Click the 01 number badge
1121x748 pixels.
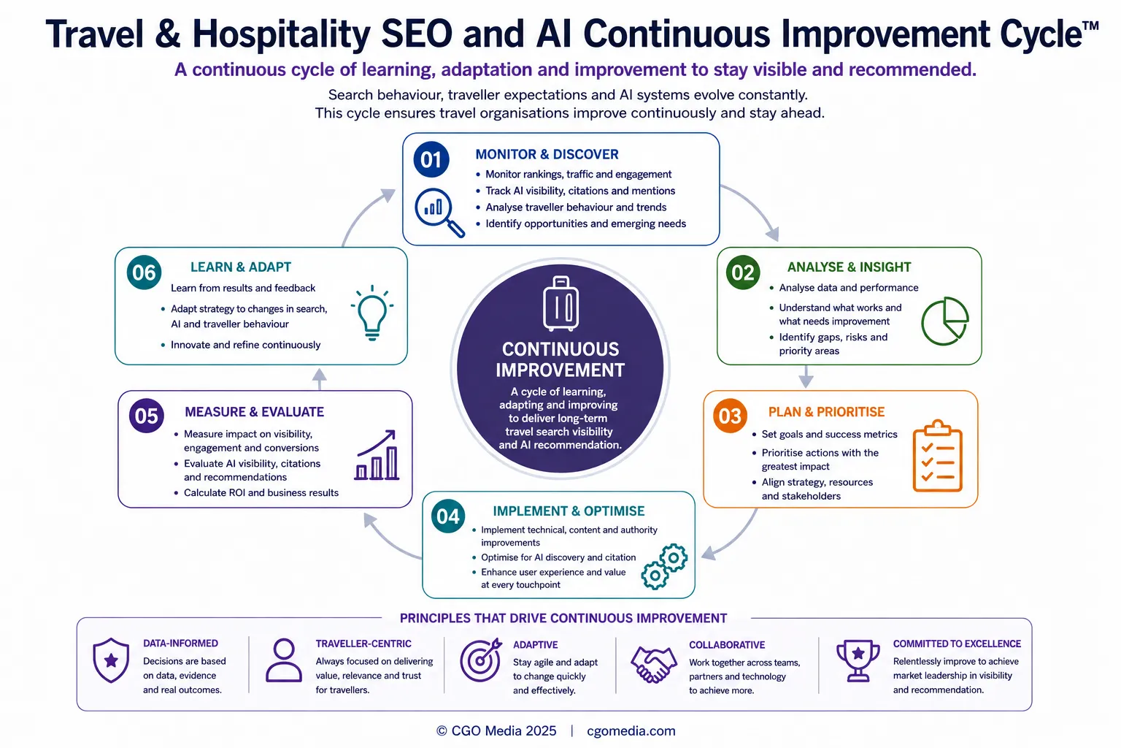click(x=431, y=160)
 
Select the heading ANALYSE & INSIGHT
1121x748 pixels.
click(x=849, y=267)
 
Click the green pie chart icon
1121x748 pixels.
click(x=945, y=321)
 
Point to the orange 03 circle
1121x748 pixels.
click(x=730, y=416)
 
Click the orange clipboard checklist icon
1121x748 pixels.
click(x=937, y=456)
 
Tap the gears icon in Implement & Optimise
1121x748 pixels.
click(x=664, y=566)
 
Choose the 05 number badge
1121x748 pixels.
click(x=146, y=416)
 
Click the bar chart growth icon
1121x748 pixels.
click(x=377, y=455)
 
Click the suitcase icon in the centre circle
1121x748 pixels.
click(x=560, y=304)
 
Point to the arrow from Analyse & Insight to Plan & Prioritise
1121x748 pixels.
click(x=806, y=377)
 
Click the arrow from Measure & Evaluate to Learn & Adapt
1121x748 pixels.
click(x=319, y=379)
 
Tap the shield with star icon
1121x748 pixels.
click(x=111, y=660)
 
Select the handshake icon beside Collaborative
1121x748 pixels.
click(x=654, y=665)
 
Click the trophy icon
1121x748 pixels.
click(x=858, y=660)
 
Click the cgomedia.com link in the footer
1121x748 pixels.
click(x=631, y=731)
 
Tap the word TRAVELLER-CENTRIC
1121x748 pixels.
click(x=363, y=644)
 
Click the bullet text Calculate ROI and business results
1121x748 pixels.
click(x=261, y=493)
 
